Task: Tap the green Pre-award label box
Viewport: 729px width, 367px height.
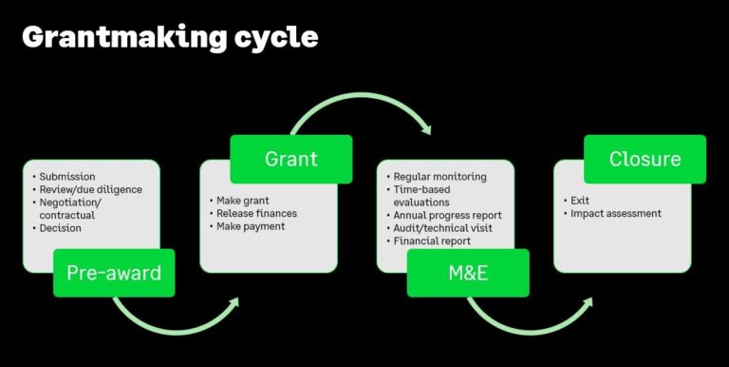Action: [114, 274]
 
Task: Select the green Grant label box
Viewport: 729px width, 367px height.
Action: [291, 159]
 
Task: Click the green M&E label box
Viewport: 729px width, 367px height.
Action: [468, 274]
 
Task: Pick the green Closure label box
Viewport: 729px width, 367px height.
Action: [645, 159]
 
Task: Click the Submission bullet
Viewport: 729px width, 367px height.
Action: [67, 177]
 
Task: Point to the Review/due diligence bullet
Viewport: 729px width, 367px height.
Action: [90, 189]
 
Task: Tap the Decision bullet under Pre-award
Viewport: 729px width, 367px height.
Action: [61, 228]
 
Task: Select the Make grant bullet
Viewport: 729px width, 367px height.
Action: [243, 200]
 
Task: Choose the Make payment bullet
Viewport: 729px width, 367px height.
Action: [252, 226]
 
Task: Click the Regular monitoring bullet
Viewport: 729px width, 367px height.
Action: [439, 177]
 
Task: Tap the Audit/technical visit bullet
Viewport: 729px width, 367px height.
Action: [442, 228]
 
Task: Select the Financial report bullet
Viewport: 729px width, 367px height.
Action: [432, 241]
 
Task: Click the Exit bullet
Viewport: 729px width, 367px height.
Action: [580, 201]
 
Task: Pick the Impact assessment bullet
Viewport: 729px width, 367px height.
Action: [615, 214]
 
